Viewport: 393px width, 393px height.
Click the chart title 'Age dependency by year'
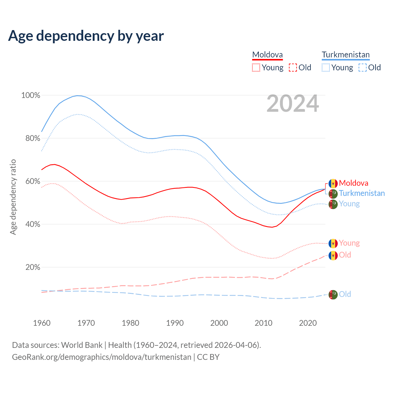tap(86, 36)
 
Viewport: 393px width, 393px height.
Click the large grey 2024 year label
tap(293, 104)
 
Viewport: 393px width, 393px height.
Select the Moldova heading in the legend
tap(267, 55)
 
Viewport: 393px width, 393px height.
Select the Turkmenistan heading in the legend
tap(345, 55)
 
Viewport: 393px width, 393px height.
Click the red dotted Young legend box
tap(256, 68)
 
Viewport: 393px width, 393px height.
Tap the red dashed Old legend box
tap(293, 68)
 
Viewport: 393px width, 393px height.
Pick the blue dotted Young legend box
tap(326, 68)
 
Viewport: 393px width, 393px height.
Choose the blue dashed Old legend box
tap(363, 68)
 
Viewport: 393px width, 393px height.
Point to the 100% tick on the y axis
tap(31, 95)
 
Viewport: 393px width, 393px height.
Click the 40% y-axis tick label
tap(33, 224)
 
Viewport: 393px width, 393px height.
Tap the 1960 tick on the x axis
tap(42, 323)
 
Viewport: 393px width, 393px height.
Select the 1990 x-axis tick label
tap(175, 323)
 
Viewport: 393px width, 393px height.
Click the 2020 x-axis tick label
tap(308, 323)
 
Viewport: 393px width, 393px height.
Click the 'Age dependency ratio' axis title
tap(13, 197)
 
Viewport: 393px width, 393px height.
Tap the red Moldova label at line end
tap(353, 183)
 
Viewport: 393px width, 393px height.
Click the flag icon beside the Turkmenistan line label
tap(333, 194)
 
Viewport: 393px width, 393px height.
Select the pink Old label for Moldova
tap(345, 255)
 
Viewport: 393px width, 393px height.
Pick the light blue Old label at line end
tap(345, 294)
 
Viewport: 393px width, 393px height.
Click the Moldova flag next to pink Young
tap(333, 243)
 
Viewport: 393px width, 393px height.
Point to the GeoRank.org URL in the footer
tap(101, 357)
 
